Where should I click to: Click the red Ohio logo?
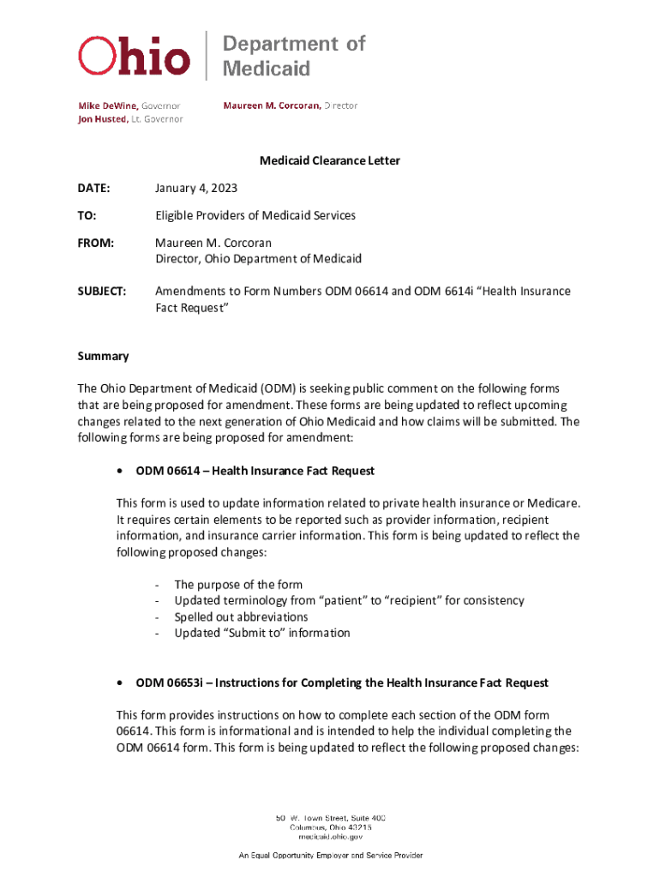click(x=134, y=57)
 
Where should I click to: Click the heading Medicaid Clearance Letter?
click(x=330, y=160)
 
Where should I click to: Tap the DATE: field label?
click(x=93, y=188)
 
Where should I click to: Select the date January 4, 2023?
click(x=196, y=188)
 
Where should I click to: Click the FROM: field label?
click(x=95, y=243)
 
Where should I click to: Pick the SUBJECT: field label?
click(x=102, y=291)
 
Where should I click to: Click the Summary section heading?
click(x=103, y=356)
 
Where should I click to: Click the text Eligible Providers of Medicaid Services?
click(x=255, y=215)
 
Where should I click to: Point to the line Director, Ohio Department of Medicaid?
click(x=258, y=258)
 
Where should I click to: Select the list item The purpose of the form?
click(x=238, y=585)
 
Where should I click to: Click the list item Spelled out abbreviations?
click(x=241, y=616)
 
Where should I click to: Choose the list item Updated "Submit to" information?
click(x=262, y=633)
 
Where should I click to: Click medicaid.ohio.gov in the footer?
click(x=330, y=837)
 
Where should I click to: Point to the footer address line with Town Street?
click(x=330, y=817)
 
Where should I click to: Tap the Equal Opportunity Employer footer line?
click(x=330, y=856)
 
